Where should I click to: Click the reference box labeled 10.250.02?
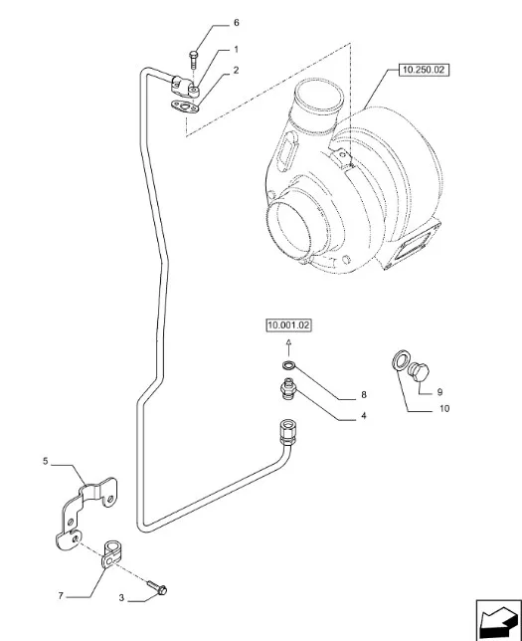point(424,70)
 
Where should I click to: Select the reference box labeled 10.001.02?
point(288,325)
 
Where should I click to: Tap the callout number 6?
point(236,23)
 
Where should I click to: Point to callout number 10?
point(444,408)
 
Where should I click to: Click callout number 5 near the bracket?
point(46,461)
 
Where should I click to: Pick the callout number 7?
point(61,596)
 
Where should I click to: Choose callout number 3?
point(121,598)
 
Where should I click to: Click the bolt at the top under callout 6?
point(193,59)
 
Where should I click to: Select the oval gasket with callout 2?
point(185,108)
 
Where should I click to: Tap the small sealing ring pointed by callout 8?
point(288,364)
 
